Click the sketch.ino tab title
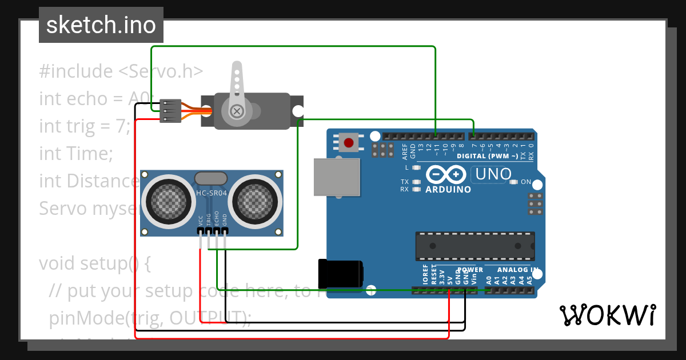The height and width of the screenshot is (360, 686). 101,25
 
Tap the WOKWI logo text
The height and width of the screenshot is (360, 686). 607,315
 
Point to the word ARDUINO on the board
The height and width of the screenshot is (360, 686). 448,189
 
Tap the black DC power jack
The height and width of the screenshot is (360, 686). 340,274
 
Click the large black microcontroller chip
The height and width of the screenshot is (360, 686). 474,246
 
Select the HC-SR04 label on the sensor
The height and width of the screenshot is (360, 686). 212,193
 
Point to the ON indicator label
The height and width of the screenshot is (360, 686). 526,182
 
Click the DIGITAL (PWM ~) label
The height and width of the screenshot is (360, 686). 487,156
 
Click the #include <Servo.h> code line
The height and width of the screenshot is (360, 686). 121,71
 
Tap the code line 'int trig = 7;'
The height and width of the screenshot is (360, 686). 85,126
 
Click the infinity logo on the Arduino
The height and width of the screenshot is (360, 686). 448,174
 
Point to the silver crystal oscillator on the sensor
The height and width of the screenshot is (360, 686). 210,178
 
